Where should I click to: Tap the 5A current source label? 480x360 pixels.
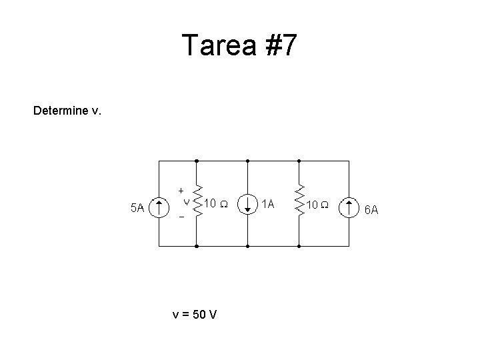[x=137, y=208]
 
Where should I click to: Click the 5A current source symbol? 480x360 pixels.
[x=159, y=207]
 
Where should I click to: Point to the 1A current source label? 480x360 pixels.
[x=267, y=202]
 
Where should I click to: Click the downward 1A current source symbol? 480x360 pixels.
[x=247, y=203]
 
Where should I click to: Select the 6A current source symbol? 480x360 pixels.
[x=349, y=207]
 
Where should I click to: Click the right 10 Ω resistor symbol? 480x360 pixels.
[x=299, y=203]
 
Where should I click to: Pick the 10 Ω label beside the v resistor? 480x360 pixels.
[x=216, y=203]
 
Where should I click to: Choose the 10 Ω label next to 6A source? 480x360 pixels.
[x=316, y=204]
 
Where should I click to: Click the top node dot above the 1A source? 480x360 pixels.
[x=247, y=161]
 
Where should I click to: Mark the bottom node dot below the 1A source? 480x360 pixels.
[x=247, y=246]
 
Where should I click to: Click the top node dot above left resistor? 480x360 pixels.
[x=197, y=161]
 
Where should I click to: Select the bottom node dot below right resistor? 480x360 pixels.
[x=299, y=246]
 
